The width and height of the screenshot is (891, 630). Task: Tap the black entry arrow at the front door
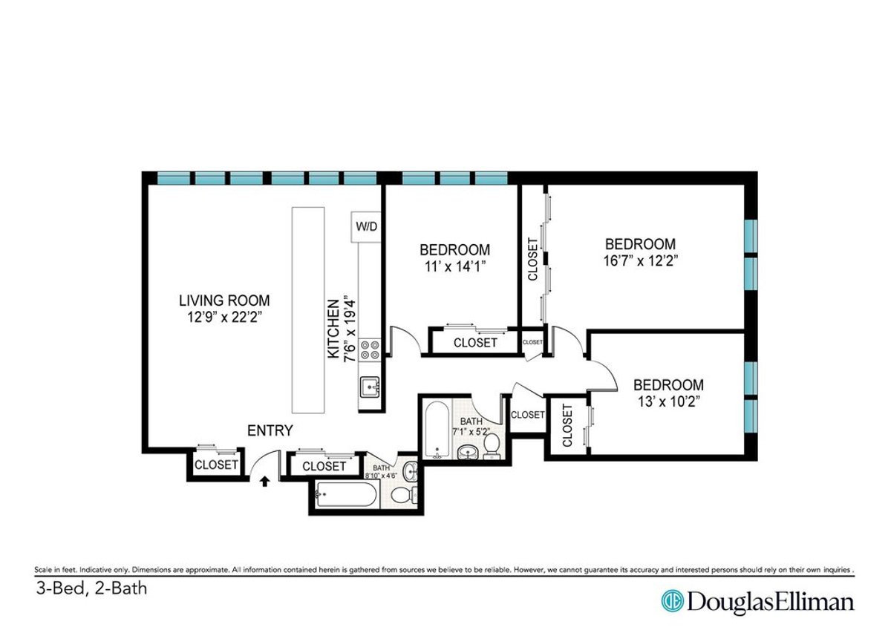[x=264, y=482]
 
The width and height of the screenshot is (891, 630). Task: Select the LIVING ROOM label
[x=223, y=301]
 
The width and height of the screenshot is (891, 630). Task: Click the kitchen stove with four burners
[x=370, y=350]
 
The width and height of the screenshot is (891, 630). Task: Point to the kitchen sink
[x=370, y=387]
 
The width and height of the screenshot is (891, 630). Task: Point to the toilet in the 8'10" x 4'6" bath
[x=402, y=496]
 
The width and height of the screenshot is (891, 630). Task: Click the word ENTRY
[x=270, y=430]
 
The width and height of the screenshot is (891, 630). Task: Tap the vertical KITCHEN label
[x=335, y=329]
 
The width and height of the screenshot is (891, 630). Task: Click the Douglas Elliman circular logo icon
[x=672, y=601]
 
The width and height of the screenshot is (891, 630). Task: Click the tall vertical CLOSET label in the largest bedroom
[x=532, y=259]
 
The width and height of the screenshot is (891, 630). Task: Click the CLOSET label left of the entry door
[x=215, y=465]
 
